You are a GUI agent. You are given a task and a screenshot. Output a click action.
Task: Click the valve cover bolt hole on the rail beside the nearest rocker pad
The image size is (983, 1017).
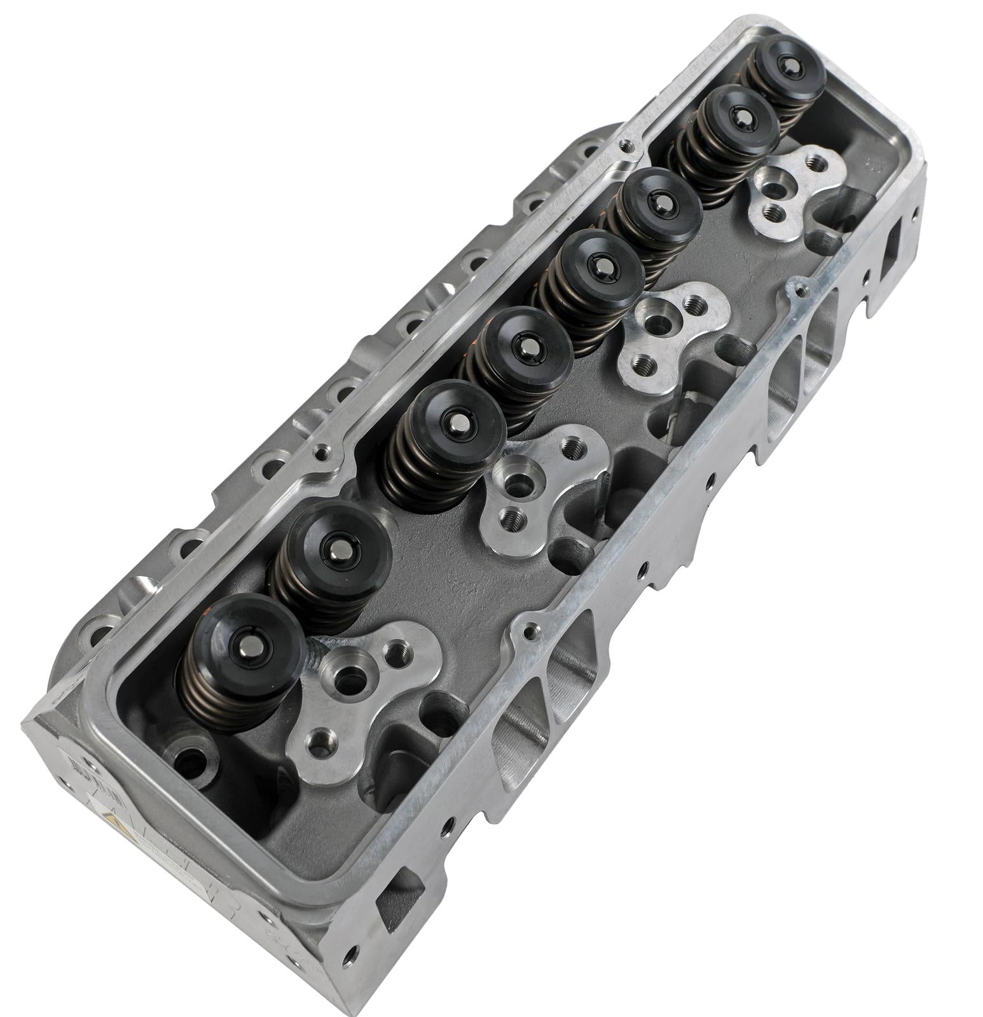tap(528, 632)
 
